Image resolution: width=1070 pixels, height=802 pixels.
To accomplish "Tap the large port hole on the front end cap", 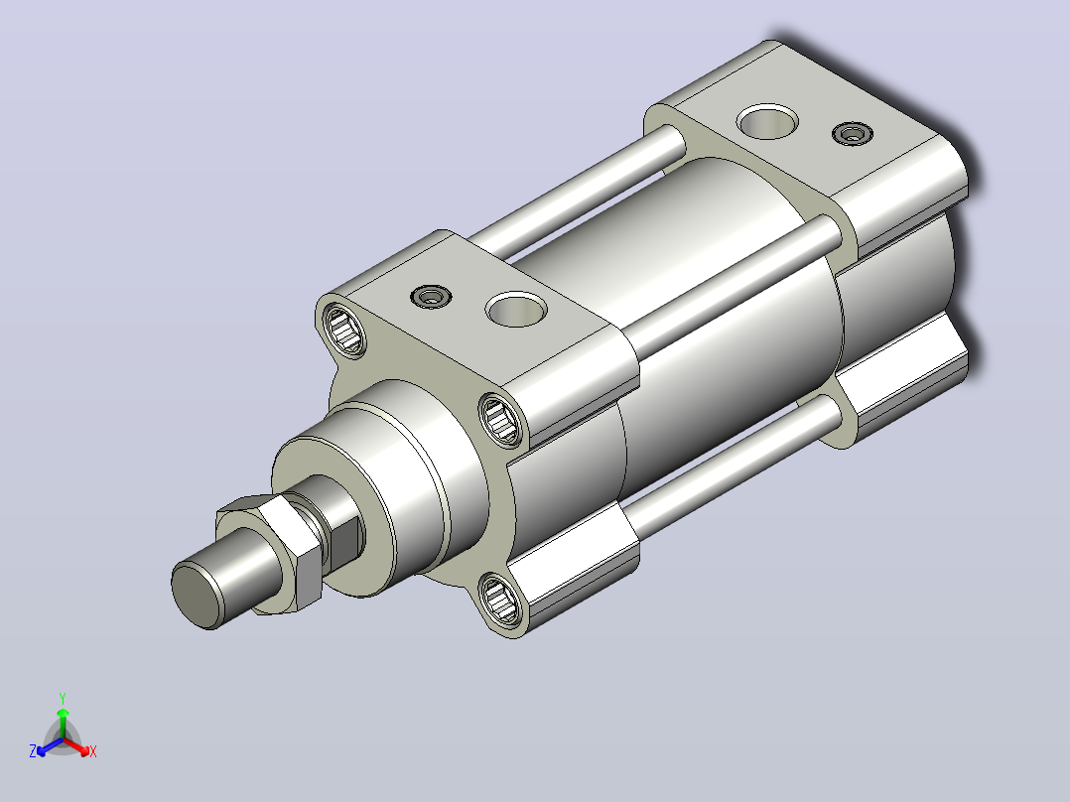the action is click(516, 310).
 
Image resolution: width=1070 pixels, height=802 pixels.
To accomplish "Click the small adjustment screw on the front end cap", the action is click(431, 297).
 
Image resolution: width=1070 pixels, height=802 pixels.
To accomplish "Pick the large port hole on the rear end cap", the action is click(767, 121).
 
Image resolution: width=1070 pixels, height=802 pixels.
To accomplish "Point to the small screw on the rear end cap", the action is click(853, 133).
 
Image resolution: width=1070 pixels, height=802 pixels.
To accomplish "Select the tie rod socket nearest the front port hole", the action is click(501, 419).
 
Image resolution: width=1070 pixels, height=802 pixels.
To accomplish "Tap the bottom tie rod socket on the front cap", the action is click(501, 599).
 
